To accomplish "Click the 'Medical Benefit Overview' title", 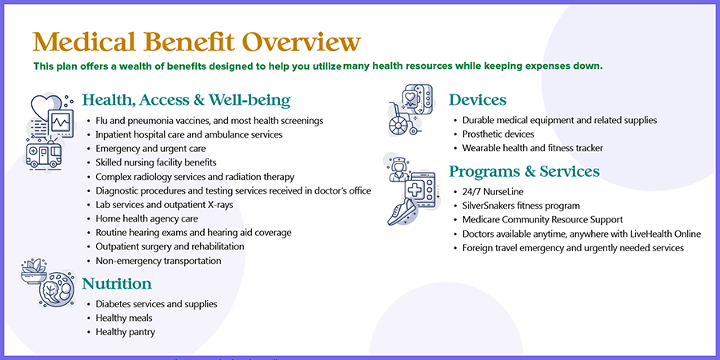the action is (x=197, y=42).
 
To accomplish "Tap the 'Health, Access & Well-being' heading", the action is (x=186, y=100).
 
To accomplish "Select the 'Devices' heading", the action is (x=478, y=100).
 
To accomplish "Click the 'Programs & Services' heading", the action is (x=524, y=171).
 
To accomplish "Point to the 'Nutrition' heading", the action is (x=117, y=284).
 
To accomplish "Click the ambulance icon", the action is (x=44, y=155).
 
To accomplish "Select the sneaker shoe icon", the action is (x=402, y=212).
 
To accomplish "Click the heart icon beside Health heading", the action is (x=46, y=107).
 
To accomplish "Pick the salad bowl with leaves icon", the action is (x=34, y=270).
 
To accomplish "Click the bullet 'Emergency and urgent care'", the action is (x=150, y=149).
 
